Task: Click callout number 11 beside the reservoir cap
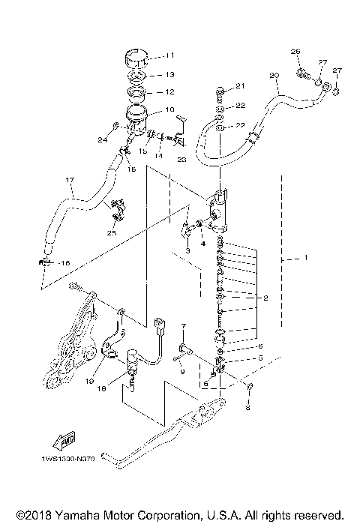pos(169,55)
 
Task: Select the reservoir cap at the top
pos(136,57)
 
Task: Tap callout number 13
pos(169,75)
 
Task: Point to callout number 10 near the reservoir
pos(169,110)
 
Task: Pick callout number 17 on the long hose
pos(70,180)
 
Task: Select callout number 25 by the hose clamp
pos(112,233)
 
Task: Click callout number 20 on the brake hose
pos(274,76)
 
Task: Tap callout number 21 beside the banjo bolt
pos(241,85)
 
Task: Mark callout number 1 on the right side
pos(306,259)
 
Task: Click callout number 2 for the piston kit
pos(265,298)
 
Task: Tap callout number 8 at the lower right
pos(249,409)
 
